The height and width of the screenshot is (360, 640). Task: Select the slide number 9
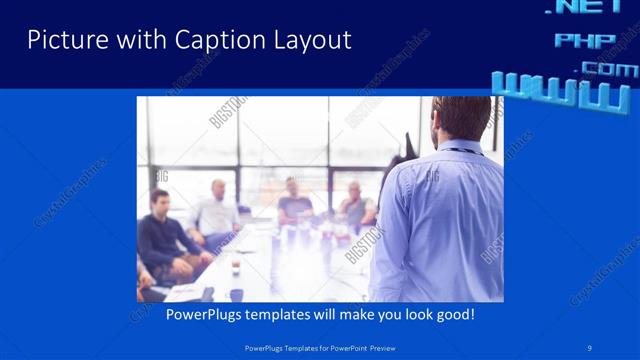[x=590, y=347]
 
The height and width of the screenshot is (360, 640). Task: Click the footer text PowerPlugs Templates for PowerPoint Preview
[x=320, y=347]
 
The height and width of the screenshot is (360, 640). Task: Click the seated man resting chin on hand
[x=355, y=205]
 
